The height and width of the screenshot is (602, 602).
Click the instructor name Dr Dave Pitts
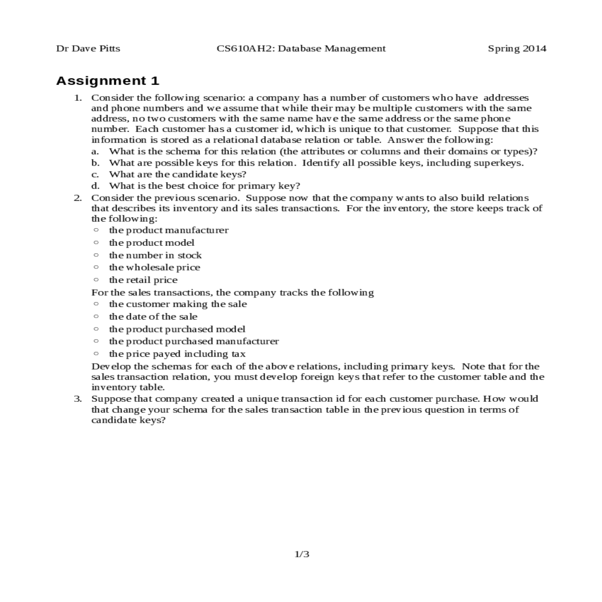click(88, 49)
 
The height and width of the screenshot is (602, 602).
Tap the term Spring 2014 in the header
click(517, 49)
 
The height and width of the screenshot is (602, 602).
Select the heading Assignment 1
click(108, 81)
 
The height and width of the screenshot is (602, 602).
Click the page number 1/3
click(302, 554)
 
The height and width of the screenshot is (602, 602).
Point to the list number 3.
click(78, 399)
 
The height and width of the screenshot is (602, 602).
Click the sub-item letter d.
click(94, 186)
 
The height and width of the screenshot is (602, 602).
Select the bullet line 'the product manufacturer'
click(169, 230)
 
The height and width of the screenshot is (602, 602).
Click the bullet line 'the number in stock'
click(155, 255)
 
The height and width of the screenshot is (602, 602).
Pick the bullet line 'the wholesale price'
click(155, 267)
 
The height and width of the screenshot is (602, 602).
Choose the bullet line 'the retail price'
click(143, 280)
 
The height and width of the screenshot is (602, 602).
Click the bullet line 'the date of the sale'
click(153, 317)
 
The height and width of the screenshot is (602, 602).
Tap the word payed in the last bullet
click(166, 354)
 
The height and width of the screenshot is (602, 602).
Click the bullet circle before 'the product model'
click(96, 242)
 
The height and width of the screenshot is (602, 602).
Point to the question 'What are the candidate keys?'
click(178, 175)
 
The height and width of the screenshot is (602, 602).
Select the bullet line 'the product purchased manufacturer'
click(194, 341)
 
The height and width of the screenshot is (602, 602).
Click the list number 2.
click(78, 198)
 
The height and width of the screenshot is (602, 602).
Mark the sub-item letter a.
click(94, 152)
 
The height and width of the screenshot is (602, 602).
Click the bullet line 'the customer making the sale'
click(178, 304)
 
